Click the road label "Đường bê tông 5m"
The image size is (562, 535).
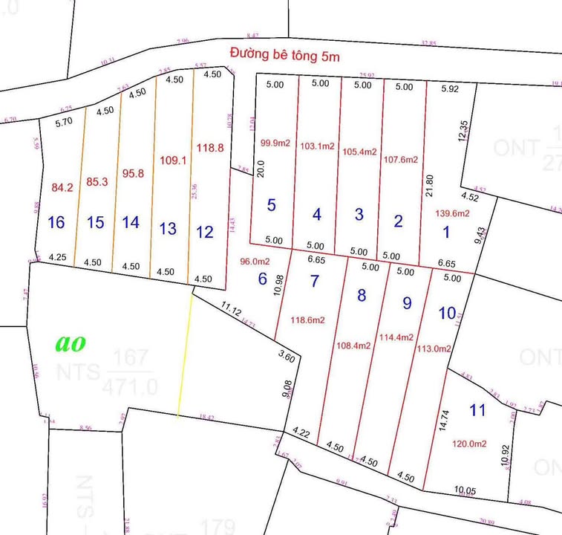click(284, 54)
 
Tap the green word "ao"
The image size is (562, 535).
click(71, 343)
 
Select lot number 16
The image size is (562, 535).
click(56, 222)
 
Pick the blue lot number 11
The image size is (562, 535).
click(478, 409)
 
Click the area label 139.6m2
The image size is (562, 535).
click(454, 213)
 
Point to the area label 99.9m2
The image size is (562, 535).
click(274, 143)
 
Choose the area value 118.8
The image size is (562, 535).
click(210, 148)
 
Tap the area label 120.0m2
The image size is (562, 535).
click(469, 444)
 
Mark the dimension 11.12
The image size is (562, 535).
click(231, 307)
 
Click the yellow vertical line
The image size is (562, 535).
click(186, 353)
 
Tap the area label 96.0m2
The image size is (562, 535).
click(253, 262)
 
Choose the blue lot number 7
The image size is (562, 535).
click(315, 281)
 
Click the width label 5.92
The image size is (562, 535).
click(450, 89)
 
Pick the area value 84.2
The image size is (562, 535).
click(62, 188)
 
